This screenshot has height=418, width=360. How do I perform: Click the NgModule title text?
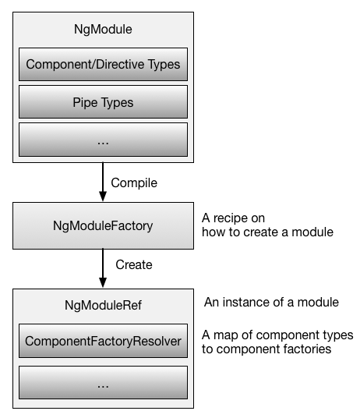point(103,30)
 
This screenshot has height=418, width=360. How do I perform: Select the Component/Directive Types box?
point(103,65)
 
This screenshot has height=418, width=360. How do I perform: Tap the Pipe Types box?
point(103,102)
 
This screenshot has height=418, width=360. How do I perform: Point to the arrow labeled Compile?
point(102,182)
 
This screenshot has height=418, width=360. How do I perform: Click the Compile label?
point(134,183)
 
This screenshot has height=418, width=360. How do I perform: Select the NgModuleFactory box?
point(103,225)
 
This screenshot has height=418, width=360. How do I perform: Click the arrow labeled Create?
point(102,267)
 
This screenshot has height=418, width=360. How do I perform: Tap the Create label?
point(133,265)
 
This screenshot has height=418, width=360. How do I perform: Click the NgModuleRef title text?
point(103,306)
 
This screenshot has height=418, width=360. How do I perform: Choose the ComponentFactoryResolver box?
point(103,341)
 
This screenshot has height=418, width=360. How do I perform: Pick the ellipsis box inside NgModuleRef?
point(103,382)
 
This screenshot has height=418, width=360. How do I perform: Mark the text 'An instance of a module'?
point(270,302)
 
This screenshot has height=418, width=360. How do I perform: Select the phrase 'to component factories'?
point(266,349)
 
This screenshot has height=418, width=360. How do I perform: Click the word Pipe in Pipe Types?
point(86,102)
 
